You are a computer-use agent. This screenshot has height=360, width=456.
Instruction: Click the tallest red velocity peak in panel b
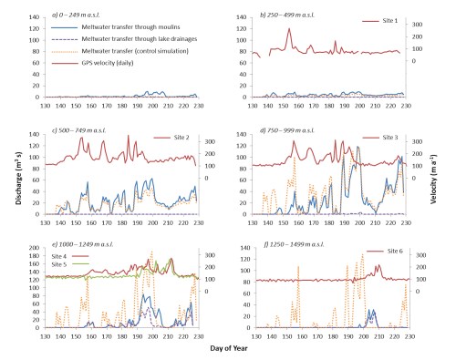289,28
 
